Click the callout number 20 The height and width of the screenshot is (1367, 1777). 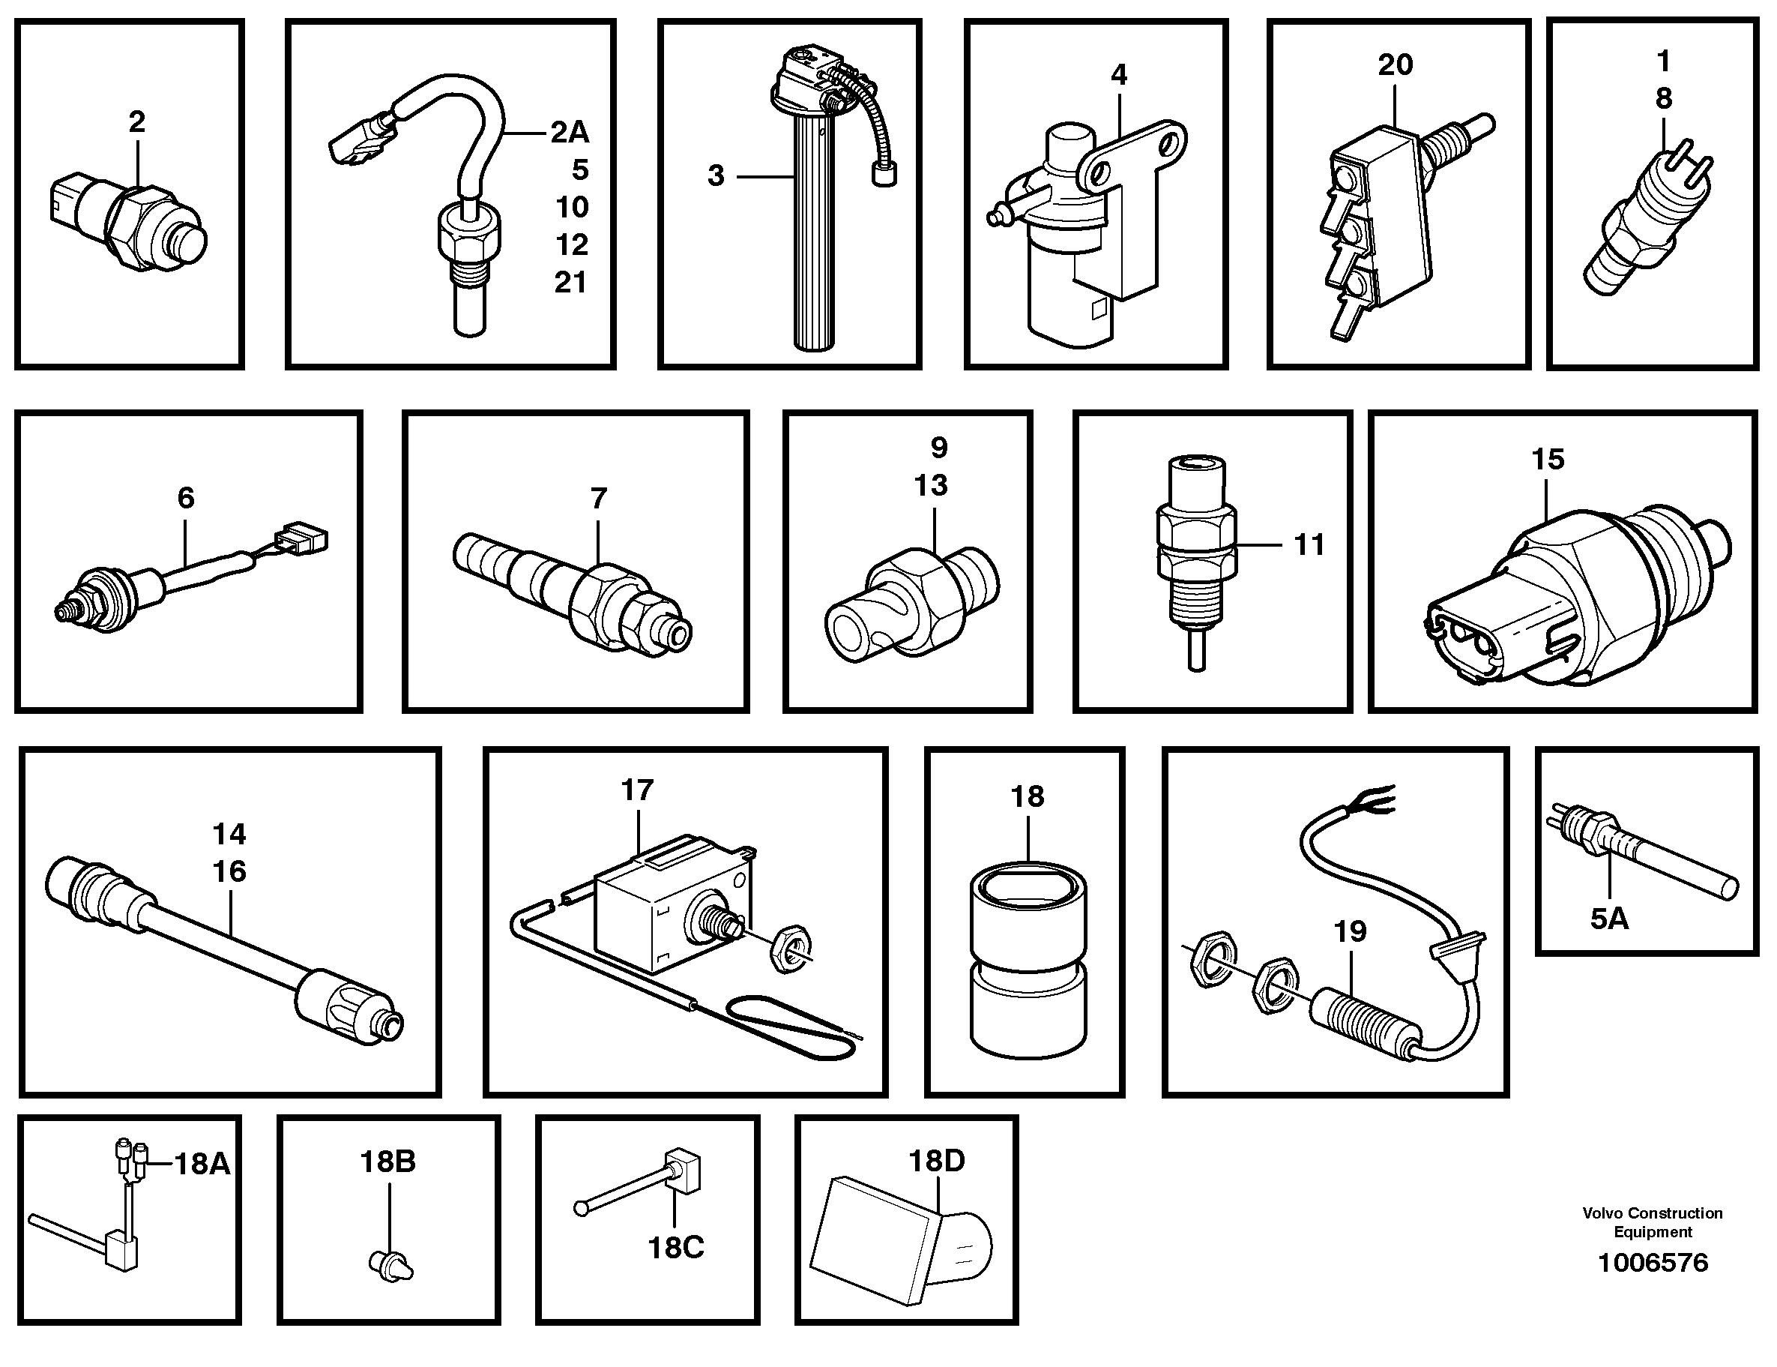pos(1395,64)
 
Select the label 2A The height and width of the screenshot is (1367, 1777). pos(570,132)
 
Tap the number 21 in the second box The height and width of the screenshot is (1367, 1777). pos(570,283)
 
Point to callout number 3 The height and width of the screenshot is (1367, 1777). pos(716,175)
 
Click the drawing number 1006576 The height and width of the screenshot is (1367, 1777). pos(1653,1263)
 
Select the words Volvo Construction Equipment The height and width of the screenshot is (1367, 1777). pos(1653,1222)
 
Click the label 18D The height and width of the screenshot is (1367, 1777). pos(936,1161)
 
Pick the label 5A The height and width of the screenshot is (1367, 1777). pos(1609,919)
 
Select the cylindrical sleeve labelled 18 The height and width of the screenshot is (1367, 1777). pos(1028,960)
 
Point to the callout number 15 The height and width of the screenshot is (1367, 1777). pos(1548,460)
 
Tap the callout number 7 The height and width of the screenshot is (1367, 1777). pos(599,498)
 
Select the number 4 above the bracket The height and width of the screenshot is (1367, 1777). pos(1119,75)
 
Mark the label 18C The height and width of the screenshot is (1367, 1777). pos(676,1247)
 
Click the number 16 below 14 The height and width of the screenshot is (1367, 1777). pos(229,871)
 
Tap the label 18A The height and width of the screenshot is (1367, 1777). pos(202,1165)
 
